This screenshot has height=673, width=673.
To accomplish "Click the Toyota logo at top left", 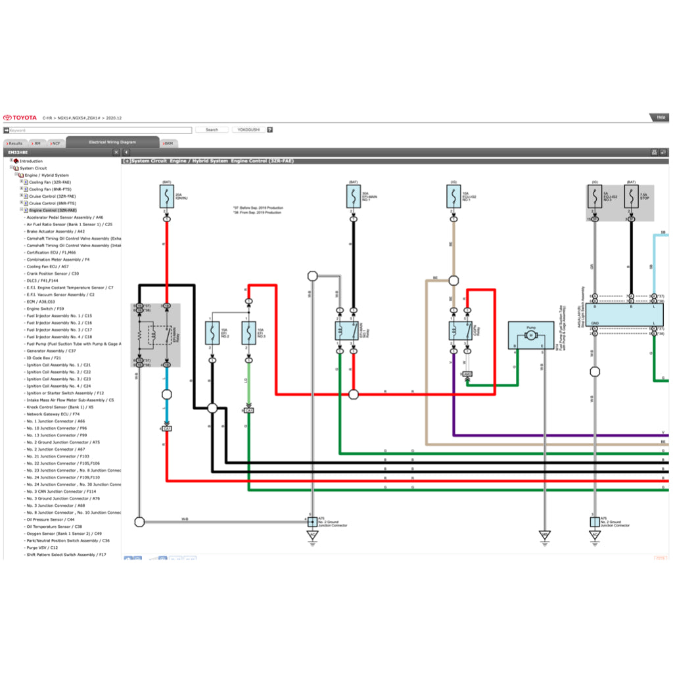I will (20, 118).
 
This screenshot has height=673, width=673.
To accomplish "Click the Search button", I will (212, 130).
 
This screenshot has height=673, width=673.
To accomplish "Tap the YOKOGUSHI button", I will (248, 130).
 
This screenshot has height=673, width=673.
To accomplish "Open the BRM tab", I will (168, 143).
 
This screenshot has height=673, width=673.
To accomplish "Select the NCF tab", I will (56, 143).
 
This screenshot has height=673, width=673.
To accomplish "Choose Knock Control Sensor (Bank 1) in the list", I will (59, 407).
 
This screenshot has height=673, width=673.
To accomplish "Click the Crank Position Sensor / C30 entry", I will (53, 273).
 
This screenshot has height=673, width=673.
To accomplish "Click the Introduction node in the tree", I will (31, 161).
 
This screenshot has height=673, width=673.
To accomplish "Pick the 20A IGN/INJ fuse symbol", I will (167, 196).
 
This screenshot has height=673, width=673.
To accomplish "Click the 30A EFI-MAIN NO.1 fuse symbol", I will (354, 196).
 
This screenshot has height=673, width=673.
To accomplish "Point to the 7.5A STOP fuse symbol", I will (631, 197).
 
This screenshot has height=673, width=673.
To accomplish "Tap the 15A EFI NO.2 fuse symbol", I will (212, 334).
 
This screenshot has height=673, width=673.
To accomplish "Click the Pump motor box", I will (530, 335).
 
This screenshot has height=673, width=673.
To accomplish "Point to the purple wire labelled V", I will (559, 435).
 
